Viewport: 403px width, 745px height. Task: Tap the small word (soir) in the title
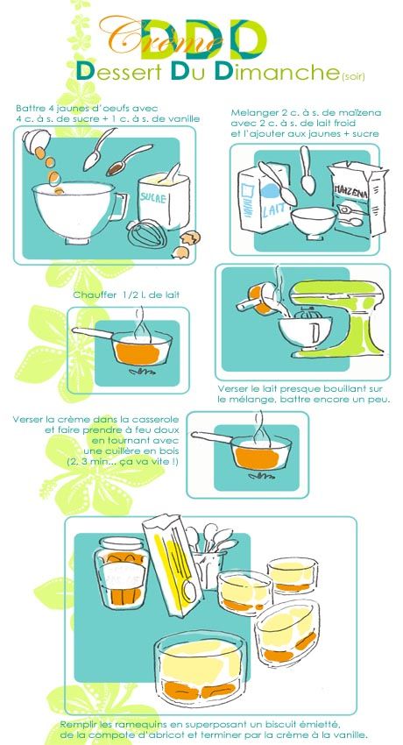coord(353,75)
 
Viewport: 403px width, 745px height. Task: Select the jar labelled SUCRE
coord(163,200)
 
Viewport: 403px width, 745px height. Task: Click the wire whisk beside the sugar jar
coord(146,233)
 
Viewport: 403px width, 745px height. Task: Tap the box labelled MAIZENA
coord(358,198)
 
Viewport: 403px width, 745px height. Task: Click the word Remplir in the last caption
coord(75,725)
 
